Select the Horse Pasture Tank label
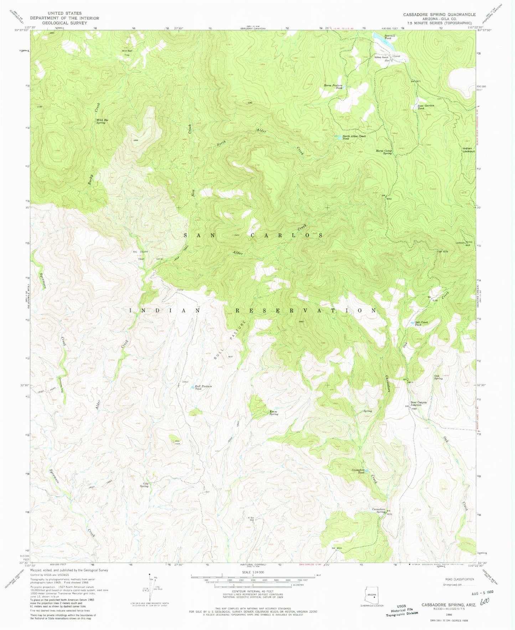tap(333, 86)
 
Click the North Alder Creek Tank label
tap(354, 137)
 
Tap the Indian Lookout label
tap(468, 150)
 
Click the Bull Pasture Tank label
tap(203, 388)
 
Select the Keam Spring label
tap(274, 413)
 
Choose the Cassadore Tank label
tap(358, 471)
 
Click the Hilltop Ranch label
tap(381, 57)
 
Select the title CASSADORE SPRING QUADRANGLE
tap(439, 15)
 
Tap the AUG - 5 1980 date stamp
tap(481, 591)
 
